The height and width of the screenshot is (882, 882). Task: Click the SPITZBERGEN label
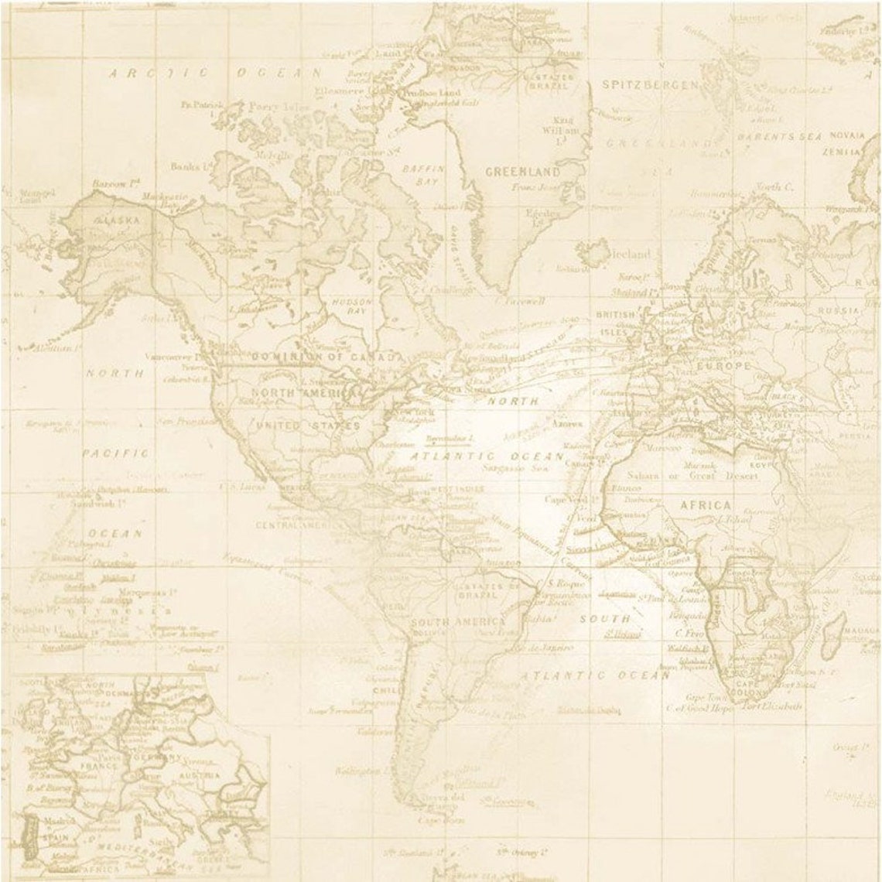[650, 84]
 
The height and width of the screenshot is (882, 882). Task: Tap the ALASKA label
[117, 220]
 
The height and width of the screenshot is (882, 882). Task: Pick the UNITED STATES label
[308, 426]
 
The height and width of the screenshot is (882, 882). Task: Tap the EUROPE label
[723, 365]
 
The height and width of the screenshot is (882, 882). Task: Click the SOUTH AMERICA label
[459, 622]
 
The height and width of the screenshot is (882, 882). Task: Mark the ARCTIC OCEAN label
[214, 73]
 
